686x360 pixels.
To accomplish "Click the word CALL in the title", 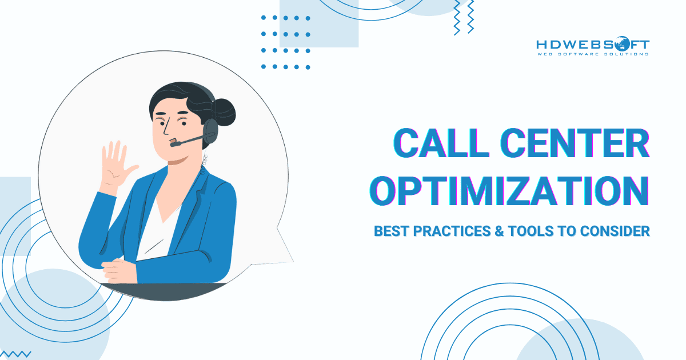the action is click(441, 143).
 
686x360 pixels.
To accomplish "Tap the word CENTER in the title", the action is click(575, 143).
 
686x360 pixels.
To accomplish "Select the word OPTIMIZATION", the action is click(509, 191).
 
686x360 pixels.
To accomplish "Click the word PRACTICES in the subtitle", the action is click(452, 231).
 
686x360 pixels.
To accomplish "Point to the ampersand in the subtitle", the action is click(499, 231).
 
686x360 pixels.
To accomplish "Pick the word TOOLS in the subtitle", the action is click(531, 231).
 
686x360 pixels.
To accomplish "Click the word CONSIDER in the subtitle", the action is click(615, 231).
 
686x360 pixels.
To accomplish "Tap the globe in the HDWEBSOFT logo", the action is click(621, 45).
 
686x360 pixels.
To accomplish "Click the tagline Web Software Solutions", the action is click(593, 54).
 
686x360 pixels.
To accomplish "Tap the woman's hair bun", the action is click(224, 112).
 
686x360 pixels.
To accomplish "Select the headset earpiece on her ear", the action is click(211, 131).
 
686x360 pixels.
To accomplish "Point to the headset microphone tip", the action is click(174, 143).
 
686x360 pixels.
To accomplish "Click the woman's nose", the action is click(166, 128).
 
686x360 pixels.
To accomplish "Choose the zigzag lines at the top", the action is click(464, 17).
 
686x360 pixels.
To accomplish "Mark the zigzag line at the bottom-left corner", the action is click(15, 354).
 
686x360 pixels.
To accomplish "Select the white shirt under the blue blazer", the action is click(159, 230).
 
